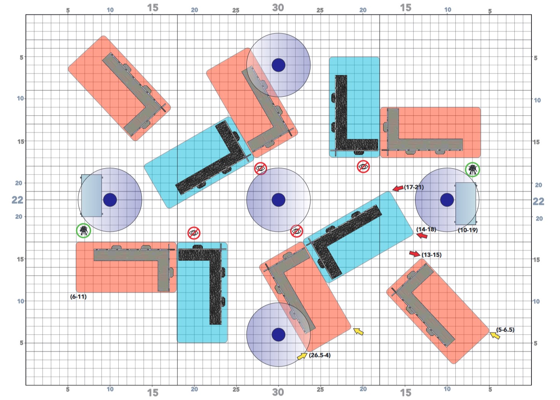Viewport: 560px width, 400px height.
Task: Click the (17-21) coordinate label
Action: tap(414, 187)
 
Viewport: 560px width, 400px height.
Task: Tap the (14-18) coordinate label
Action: tap(426, 229)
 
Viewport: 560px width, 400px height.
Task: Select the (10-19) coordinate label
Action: tap(468, 230)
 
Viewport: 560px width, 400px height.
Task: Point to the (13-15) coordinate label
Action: tap(431, 255)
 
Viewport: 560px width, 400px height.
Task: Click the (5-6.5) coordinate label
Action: tap(505, 330)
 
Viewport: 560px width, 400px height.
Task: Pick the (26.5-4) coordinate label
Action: tap(320, 355)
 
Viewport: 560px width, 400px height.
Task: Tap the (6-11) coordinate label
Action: tap(78, 297)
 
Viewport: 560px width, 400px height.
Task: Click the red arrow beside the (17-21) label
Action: tap(398, 188)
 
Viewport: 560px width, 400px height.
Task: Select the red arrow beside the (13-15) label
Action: tap(415, 254)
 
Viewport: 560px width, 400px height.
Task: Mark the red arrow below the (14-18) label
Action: tap(422, 235)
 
